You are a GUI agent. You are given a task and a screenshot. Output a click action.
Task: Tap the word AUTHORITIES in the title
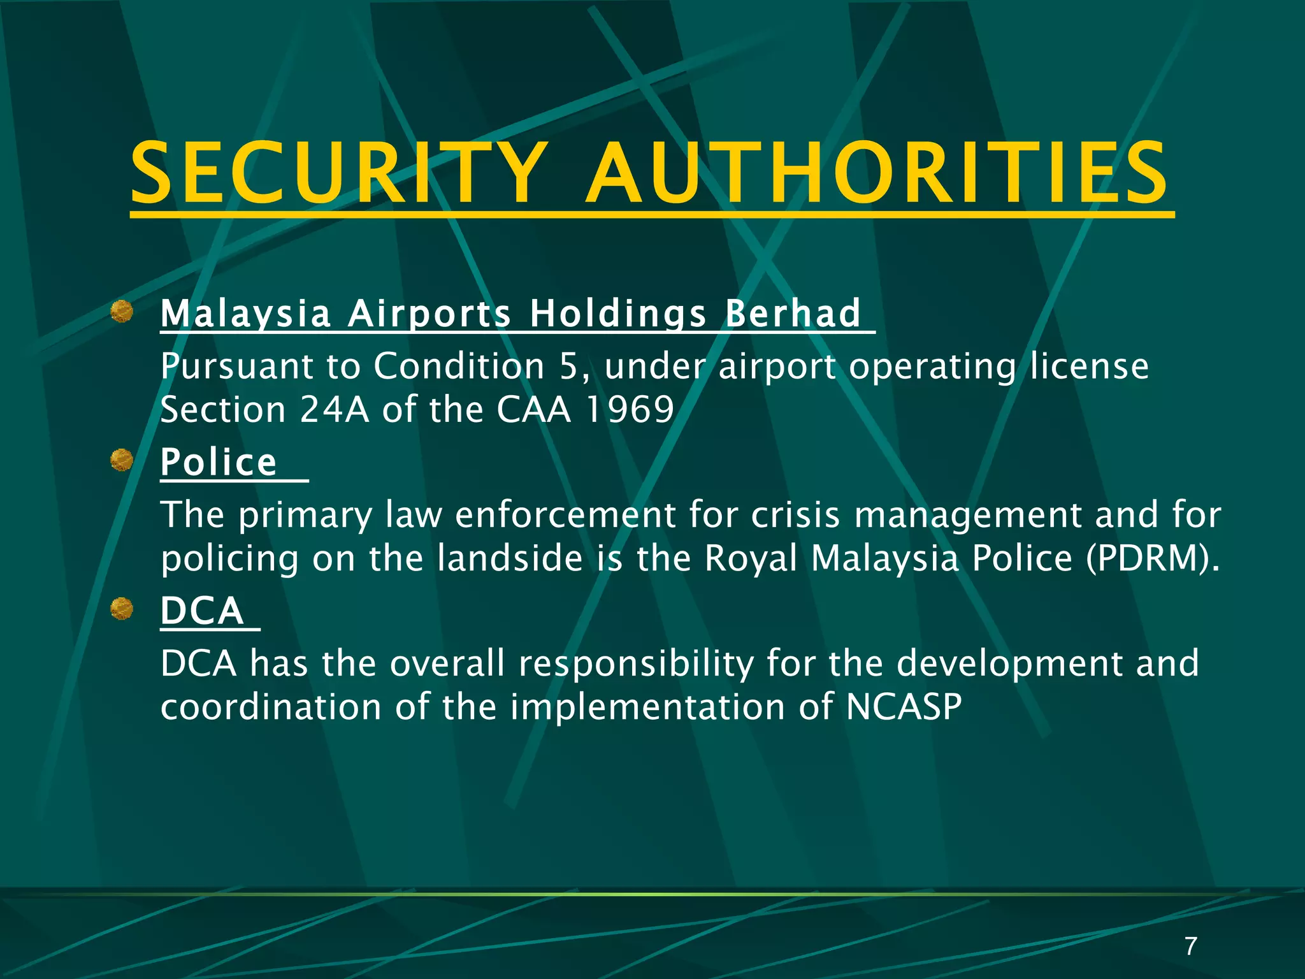tap(877, 173)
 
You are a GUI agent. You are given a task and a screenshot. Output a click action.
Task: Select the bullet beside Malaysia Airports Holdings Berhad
tap(121, 312)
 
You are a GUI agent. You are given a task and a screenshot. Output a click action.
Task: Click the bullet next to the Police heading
tap(121, 460)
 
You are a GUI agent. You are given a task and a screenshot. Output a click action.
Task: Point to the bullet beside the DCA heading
tap(121, 609)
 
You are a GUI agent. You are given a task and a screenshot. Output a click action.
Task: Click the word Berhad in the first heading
tap(793, 314)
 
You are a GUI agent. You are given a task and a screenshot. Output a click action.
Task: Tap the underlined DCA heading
tap(202, 611)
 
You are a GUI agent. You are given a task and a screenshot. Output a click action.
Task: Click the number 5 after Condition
tap(568, 366)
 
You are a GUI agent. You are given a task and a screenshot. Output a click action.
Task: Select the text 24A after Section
tap(334, 409)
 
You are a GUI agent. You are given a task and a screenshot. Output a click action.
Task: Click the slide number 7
tap(1190, 946)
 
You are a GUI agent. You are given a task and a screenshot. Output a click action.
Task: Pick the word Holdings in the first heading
tap(617, 314)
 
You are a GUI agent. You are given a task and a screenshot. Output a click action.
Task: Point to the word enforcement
tap(565, 515)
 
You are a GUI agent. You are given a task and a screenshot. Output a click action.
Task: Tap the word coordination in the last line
tap(271, 707)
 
